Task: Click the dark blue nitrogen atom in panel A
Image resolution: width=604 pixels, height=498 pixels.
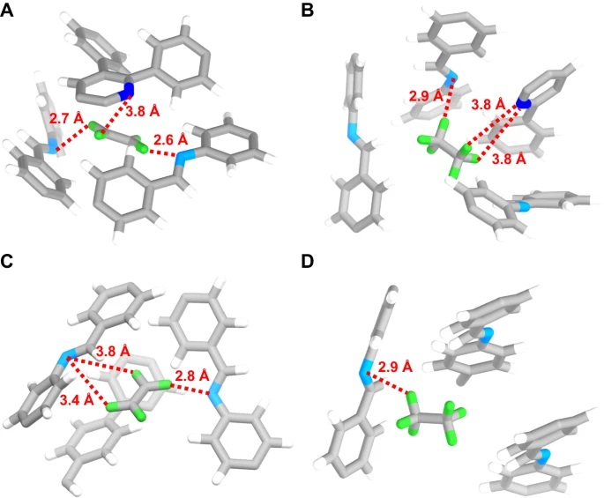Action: (x=128, y=88)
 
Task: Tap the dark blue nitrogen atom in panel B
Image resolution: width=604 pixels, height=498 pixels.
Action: (x=524, y=103)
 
